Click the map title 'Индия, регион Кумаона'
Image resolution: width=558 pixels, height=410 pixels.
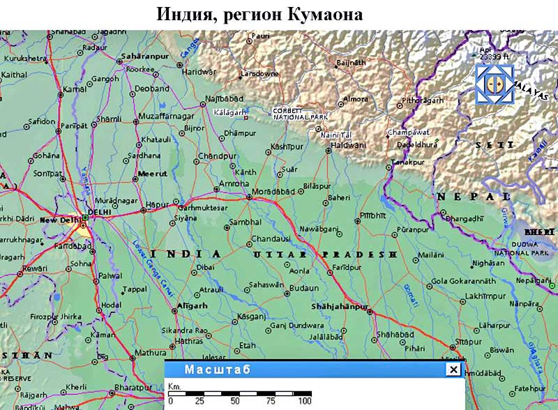(x=259, y=14)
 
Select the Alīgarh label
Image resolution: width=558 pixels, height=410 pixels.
(x=192, y=305)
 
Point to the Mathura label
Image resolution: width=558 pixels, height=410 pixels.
(x=151, y=352)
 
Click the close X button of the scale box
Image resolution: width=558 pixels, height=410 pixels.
(x=453, y=370)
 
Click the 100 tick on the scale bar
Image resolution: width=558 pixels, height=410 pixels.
(x=304, y=402)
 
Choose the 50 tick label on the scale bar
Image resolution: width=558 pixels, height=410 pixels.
(x=235, y=402)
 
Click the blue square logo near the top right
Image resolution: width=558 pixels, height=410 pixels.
(x=494, y=84)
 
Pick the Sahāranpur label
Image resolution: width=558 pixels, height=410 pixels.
(x=142, y=55)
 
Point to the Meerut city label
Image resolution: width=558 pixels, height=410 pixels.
(x=153, y=173)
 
